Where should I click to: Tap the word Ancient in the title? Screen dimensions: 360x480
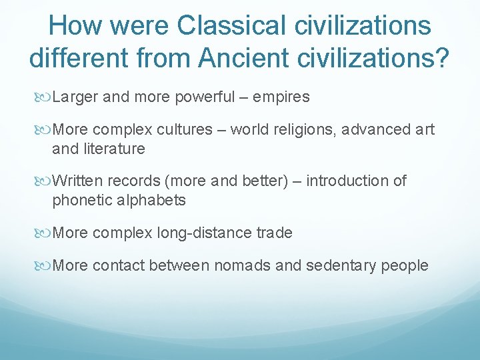click(234, 57)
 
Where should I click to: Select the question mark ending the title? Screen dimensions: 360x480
click(442, 57)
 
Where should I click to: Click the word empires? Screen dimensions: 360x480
click(281, 97)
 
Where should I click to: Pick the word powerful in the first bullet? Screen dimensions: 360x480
click(205, 97)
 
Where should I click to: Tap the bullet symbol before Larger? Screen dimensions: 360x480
click(44, 97)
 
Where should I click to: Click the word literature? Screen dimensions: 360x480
click(112, 149)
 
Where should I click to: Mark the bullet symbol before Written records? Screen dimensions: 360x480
click(44, 181)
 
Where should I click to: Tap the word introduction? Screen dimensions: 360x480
click(346, 181)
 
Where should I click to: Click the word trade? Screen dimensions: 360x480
click(274, 233)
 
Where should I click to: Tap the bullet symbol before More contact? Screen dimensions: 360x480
click(44, 266)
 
